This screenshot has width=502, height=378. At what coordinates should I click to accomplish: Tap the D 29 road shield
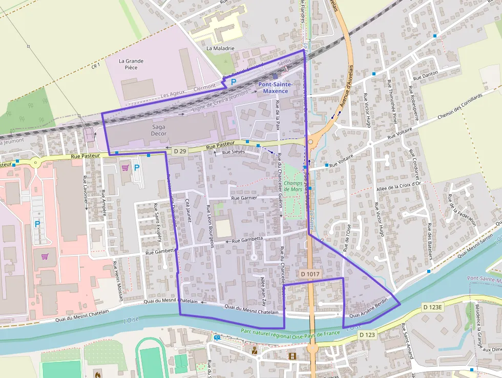tap(179, 151)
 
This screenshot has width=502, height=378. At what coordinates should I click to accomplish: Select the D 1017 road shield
tap(310, 274)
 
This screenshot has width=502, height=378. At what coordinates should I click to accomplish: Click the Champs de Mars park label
tap(293, 186)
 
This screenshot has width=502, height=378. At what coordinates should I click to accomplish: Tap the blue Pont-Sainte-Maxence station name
tap(275, 87)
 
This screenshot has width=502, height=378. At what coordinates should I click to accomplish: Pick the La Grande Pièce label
tap(131, 64)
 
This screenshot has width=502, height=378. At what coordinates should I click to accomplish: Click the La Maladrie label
tap(220, 48)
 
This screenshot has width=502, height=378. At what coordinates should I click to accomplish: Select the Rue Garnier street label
tap(244, 197)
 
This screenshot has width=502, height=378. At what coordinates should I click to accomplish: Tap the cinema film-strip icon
tap(292, 356)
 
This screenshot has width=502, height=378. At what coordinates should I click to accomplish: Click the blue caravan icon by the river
tap(217, 338)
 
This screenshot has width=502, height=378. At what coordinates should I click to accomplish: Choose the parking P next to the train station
tap(234, 82)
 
